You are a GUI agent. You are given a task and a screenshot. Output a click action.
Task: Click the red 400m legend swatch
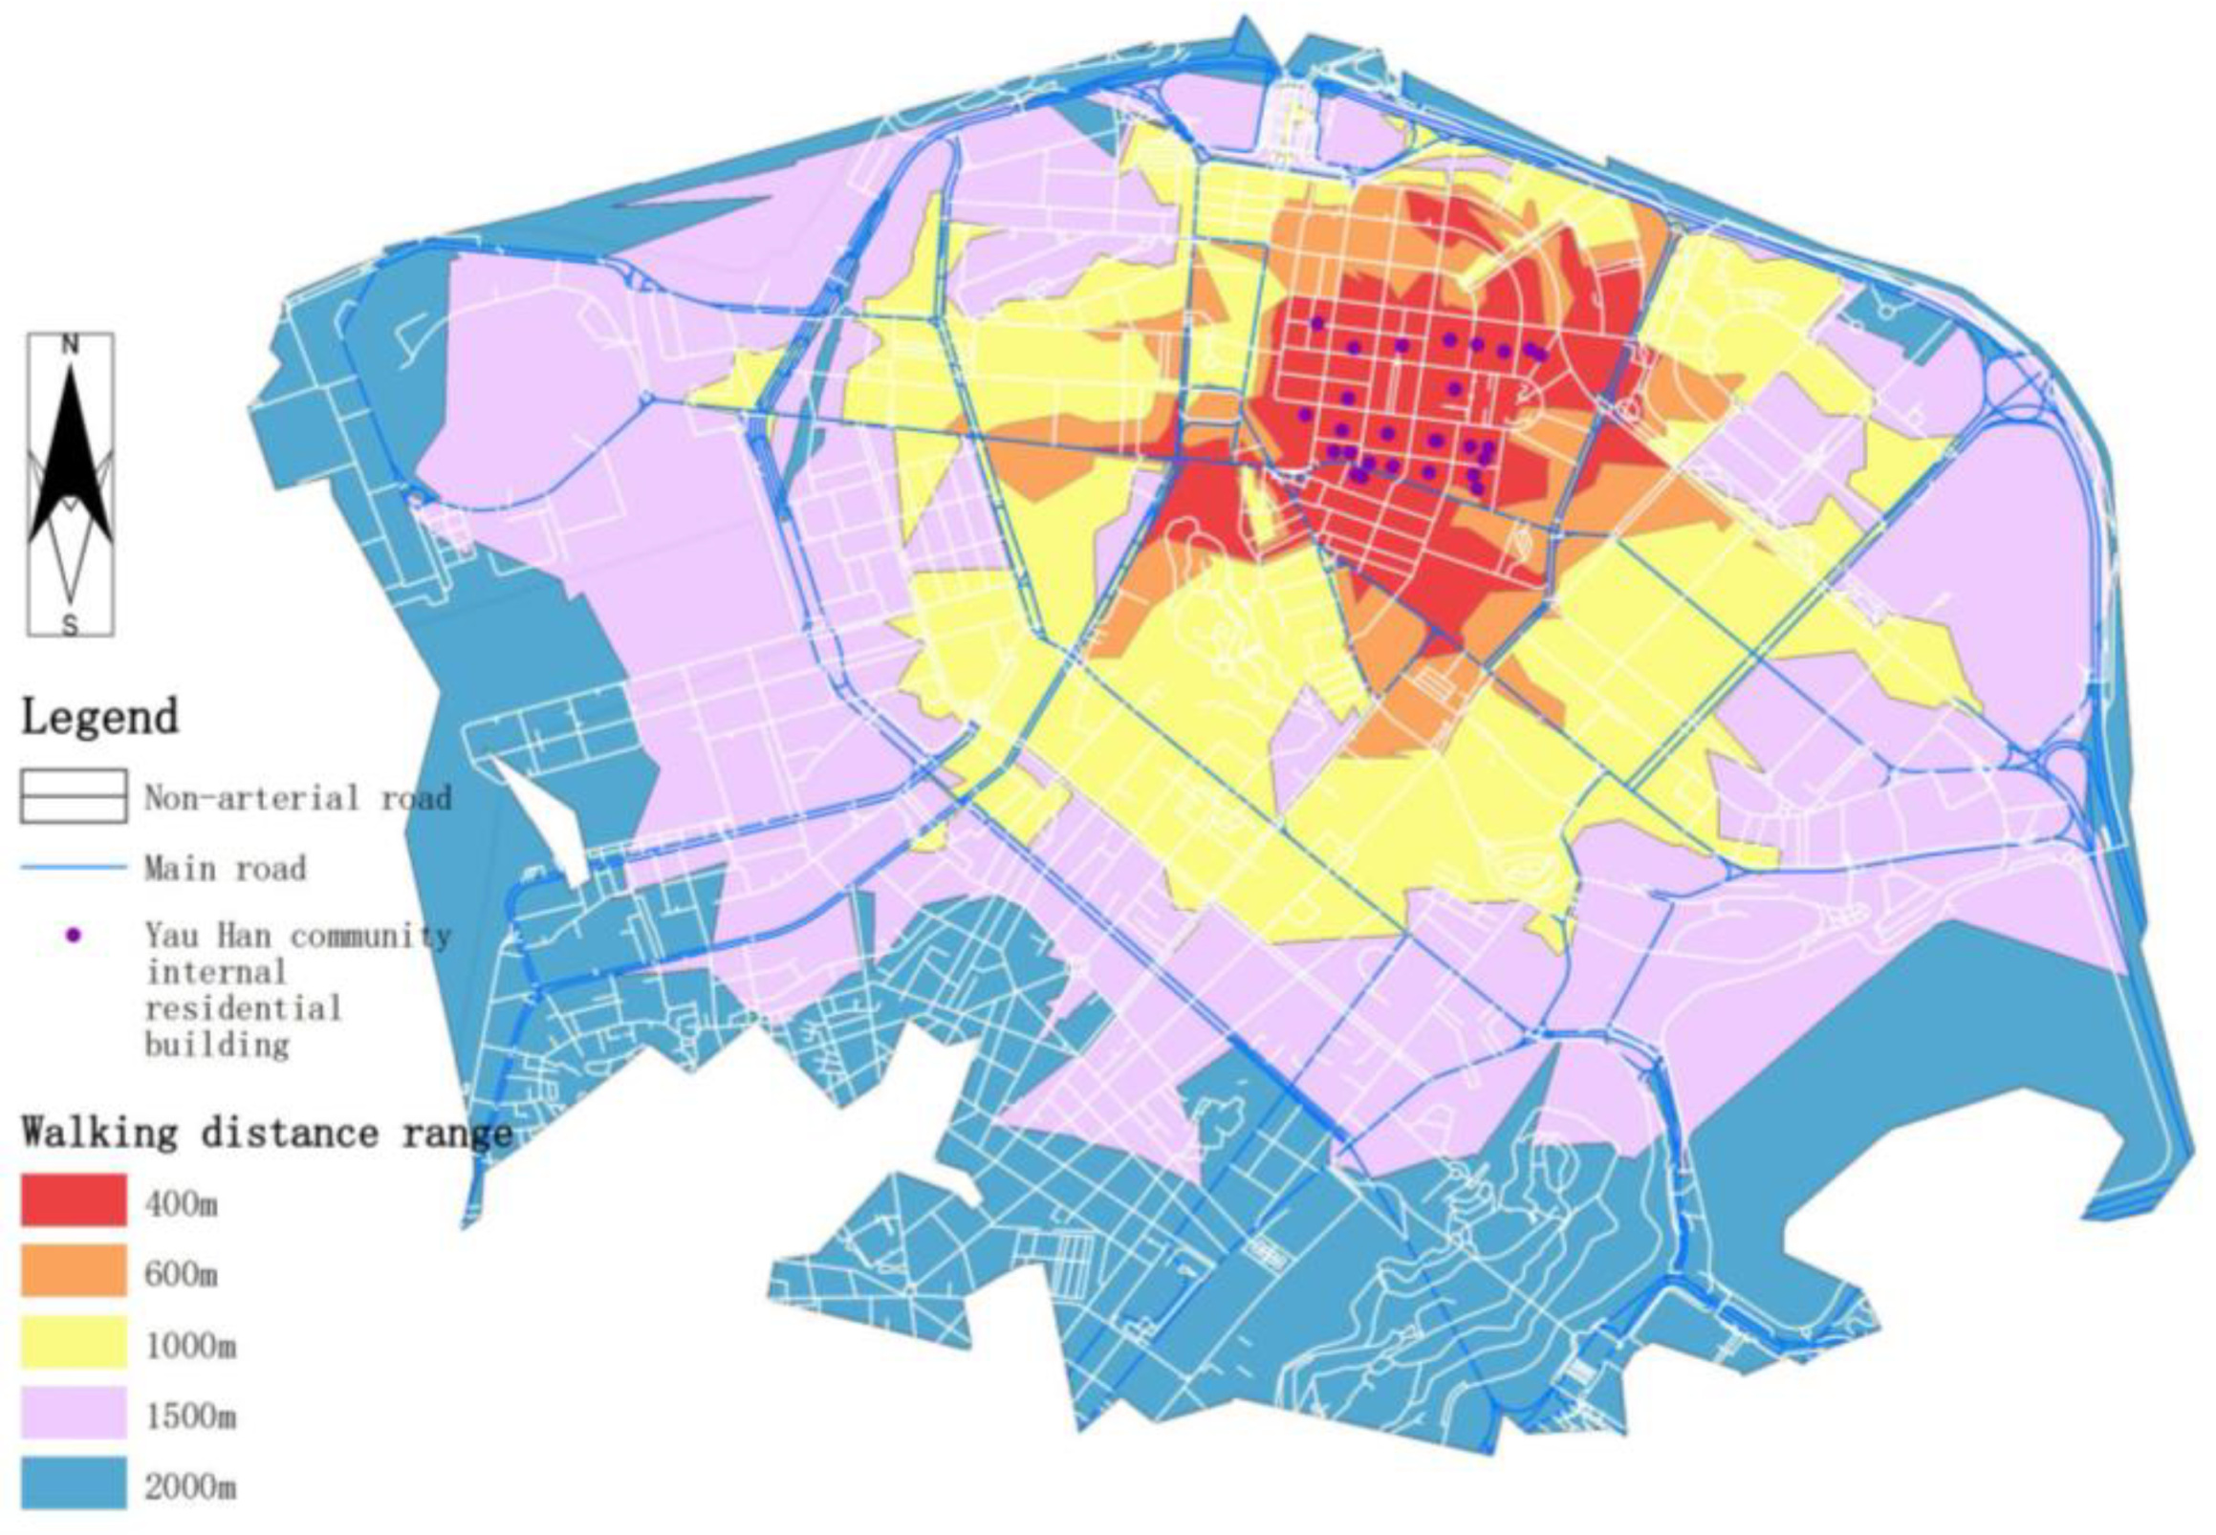73,1200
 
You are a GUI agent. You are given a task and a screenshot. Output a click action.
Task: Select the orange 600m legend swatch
73,1270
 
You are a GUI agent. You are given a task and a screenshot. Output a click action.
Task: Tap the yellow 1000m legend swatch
73,1342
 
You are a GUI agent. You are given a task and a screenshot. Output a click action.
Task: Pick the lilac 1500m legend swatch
73,1413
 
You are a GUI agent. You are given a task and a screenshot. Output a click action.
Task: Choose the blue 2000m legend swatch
73,1483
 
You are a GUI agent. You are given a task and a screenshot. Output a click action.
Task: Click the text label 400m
181,1202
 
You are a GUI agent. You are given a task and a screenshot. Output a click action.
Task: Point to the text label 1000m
189,1345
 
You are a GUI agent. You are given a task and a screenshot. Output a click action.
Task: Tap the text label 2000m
189,1487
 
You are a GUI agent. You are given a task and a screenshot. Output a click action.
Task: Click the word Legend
100,718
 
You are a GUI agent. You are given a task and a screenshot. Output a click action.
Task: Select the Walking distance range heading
268,1132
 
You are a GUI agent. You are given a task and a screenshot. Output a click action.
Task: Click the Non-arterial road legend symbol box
73,795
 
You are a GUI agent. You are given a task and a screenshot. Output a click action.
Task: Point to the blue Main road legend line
73,867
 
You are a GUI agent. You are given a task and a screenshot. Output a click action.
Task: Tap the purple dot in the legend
73,935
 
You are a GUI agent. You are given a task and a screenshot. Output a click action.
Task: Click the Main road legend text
225,869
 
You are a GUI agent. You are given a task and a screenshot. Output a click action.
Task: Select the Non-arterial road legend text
297,797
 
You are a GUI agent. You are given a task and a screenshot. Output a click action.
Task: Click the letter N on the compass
70,346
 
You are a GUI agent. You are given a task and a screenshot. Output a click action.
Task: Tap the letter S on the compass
69,626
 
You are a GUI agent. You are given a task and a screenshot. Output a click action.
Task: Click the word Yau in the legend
168,935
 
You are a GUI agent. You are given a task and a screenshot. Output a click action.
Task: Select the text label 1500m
189,1416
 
